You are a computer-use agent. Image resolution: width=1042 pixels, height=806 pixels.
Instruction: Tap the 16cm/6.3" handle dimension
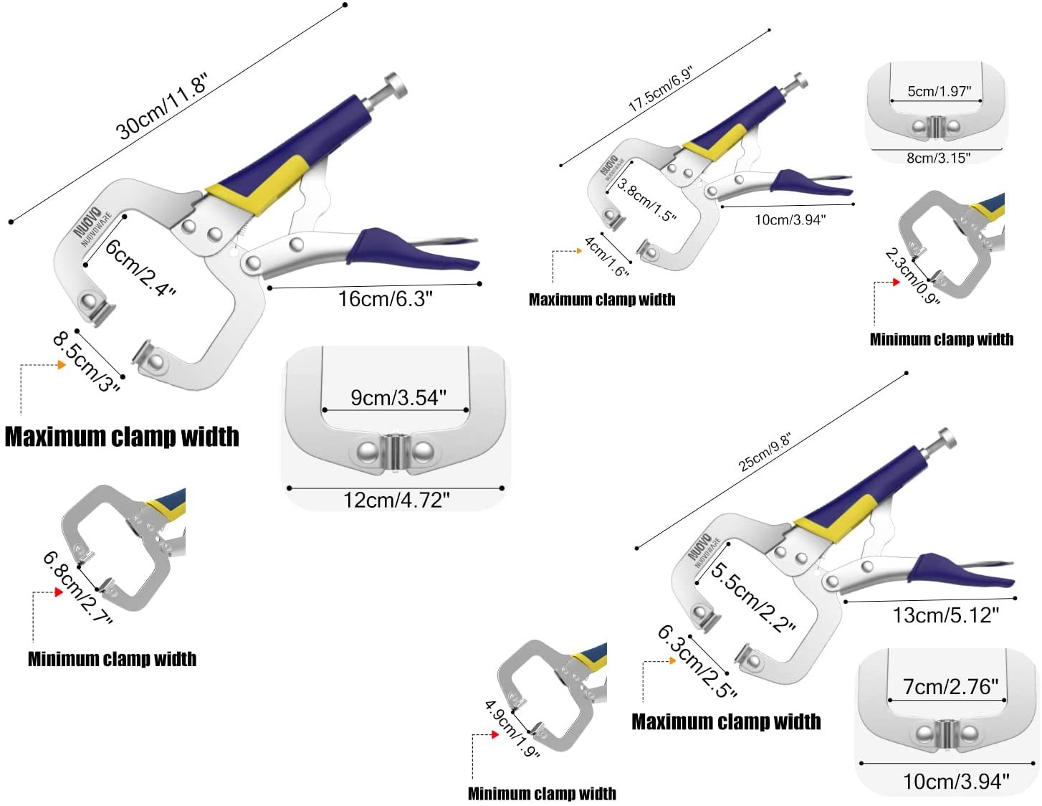386,298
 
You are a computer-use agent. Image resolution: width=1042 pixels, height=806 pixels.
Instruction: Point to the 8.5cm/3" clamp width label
86,361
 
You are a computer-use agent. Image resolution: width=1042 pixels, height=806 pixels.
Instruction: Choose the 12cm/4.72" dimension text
396,500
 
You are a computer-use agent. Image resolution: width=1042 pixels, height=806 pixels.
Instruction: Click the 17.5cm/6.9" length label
660,89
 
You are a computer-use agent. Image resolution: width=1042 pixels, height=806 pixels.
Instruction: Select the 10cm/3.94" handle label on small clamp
790,220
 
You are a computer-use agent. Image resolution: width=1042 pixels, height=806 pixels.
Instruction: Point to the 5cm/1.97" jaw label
939,91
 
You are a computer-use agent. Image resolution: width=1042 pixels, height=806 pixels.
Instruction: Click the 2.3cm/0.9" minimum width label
912,276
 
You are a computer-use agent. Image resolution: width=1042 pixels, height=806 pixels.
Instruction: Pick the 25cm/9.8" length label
765,452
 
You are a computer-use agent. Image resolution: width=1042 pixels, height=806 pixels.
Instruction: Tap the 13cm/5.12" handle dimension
945,615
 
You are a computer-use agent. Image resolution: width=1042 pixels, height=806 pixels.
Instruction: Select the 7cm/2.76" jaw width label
950,686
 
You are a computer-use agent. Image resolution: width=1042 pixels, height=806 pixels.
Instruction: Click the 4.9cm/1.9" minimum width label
512,729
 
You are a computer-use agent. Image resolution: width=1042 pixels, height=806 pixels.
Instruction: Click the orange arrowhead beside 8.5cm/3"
62,365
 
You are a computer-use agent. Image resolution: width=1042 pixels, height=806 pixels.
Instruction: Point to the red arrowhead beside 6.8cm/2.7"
59,592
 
